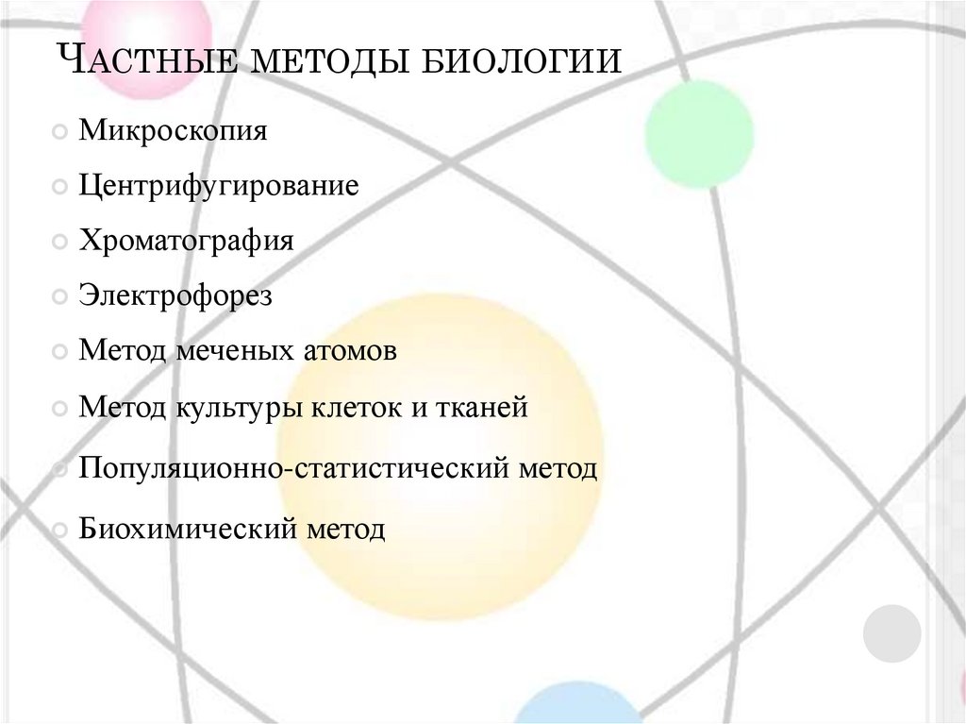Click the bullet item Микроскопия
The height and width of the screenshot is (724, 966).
tap(173, 130)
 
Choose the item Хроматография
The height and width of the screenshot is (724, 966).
tap(186, 240)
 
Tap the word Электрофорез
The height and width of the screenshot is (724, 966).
tap(175, 295)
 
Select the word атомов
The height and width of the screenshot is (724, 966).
tap(349, 351)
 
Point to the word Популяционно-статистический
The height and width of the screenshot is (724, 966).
tap(294, 468)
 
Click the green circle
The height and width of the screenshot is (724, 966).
tap(699, 134)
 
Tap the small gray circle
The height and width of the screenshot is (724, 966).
tap(891, 632)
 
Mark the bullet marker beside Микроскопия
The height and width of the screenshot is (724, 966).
tap(59, 131)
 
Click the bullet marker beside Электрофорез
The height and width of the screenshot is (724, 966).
tap(59, 297)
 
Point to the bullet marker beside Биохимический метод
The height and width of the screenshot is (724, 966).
tap(59, 529)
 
